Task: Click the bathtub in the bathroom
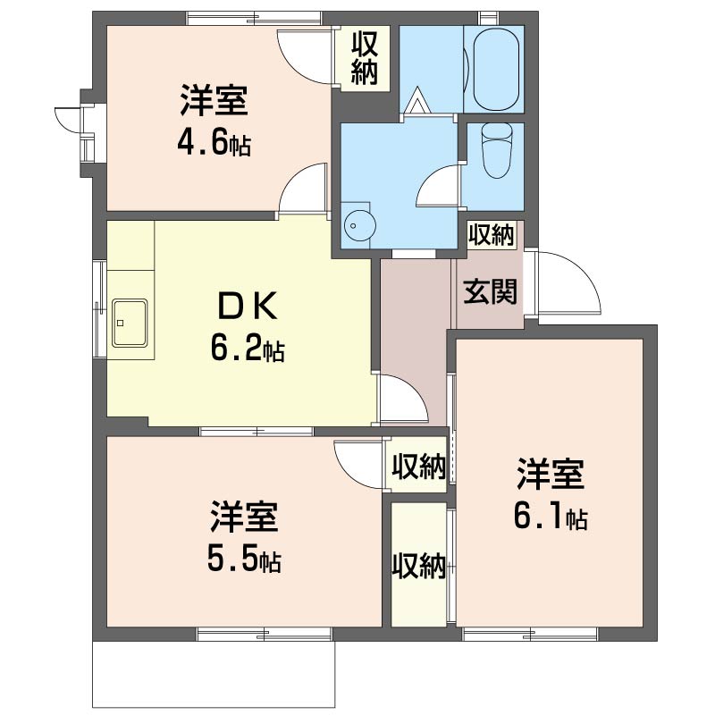click(x=496, y=70)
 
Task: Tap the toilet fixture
click(x=497, y=150)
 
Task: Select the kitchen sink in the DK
click(x=130, y=323)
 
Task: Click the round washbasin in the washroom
click(x=360, y=225)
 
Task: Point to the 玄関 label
click(x=490, y=292)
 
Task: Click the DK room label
click(x=248, y=307)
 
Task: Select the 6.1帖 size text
click(x=551, y=517)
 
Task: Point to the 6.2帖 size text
click(x=248, y=349)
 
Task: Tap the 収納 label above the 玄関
click(x=492, y=235)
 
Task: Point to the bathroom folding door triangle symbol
click(x=418, y=100)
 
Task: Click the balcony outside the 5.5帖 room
click(x=214, y=675)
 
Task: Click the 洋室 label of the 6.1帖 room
click(x=551, y=475)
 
